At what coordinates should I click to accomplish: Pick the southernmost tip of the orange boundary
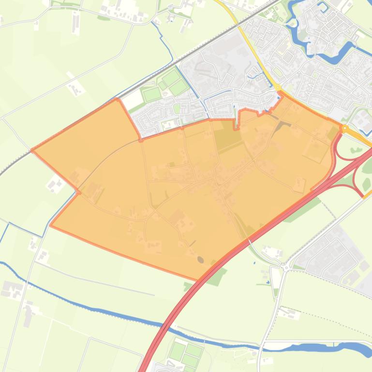point(199,280)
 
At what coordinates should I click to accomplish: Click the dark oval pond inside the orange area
point(200,260)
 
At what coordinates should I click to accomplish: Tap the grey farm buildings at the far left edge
point(11,289)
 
